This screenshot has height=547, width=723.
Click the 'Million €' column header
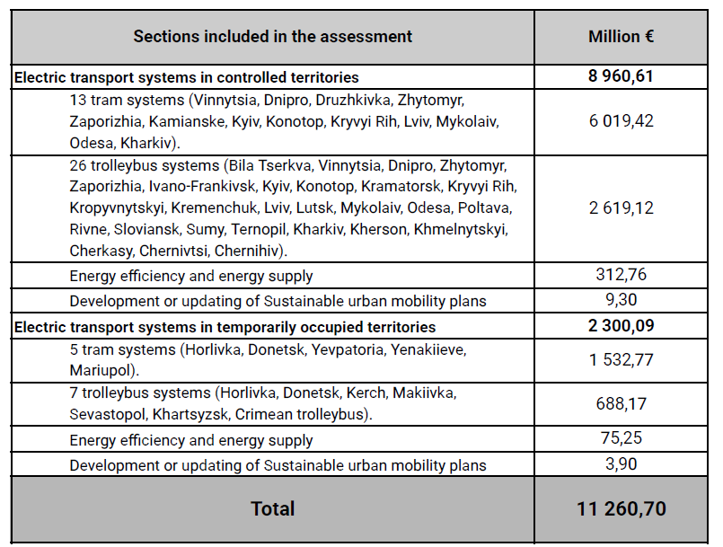tap(621, 37)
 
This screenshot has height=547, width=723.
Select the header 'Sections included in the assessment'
tap(272, 37)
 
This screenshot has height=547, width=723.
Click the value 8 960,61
tap(621, 76)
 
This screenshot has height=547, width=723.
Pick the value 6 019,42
tap(621, 120)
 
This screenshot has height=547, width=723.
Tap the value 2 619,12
tap(621, 207)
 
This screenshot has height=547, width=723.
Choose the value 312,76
tap(621, 275)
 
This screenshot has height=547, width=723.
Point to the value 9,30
tap(621, 300)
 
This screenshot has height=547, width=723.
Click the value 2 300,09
tap(621, 326)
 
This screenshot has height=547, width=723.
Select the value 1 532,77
tap(621, 359)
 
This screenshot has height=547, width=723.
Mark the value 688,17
tap(621, 404)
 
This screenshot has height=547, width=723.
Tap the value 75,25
tap(621, 439)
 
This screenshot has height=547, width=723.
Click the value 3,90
tap(621, 464)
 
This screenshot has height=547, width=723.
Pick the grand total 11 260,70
tap(621, 508)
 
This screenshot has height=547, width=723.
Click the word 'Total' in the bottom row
tap(272, 508)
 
